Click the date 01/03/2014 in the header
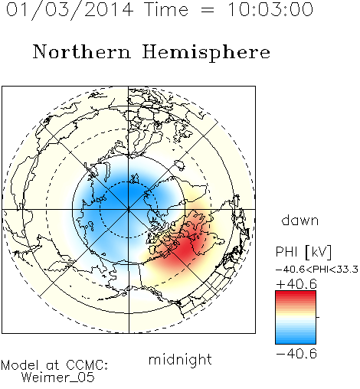(x=70, y=10)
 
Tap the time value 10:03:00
(x=270, y=9)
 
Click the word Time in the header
(x=166, y=9)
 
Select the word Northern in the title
(x=82, y=51)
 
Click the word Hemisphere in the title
(x=206, y=53)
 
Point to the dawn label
(x=300, y=220)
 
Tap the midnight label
(x=180, y=359)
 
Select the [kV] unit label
(x=318, y=252)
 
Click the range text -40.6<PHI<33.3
(x=317, y=270)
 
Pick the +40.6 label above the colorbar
(x=296, y=284)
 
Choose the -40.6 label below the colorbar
(x=296, y=354)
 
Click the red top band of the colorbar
(x=296, y=294)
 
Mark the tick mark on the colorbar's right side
(x=318, y=317)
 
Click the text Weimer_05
(x=58, y=377)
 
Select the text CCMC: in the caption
(x=87, y=365)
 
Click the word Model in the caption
(x=20, y=365)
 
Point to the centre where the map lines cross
(x=129, y=209)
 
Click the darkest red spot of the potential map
(x=185, y=247)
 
